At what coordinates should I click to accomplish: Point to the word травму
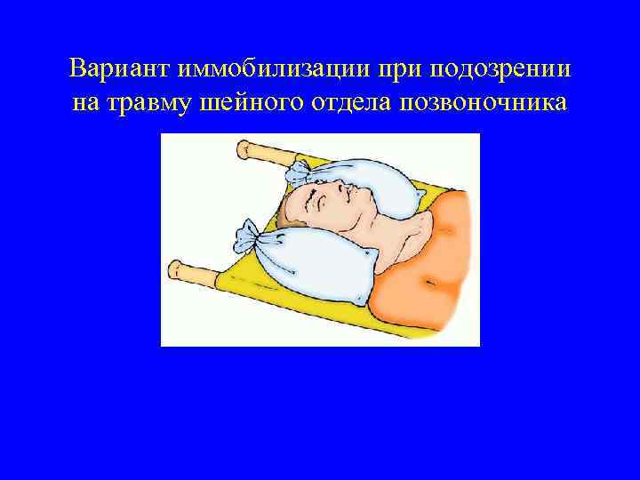pos(150,102)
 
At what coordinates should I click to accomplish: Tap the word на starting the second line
pos(89,102)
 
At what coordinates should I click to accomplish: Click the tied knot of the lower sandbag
pos(248,238)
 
